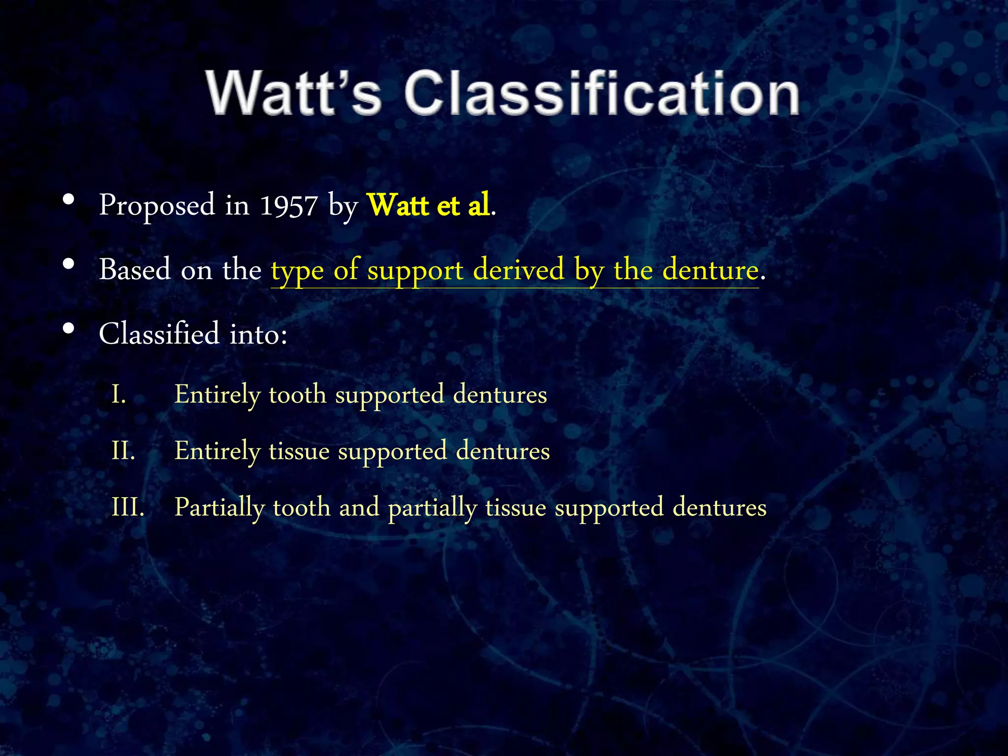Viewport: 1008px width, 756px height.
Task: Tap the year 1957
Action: (x=288, y=206)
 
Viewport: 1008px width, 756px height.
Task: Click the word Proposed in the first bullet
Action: (x=157, y=206)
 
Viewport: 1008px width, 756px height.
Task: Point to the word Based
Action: (x=135, y=270)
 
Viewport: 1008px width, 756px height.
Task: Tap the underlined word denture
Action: (x=710, y=270)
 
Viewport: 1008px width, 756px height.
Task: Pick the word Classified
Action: (x=159, y=334)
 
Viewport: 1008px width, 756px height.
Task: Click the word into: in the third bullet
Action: (x=258, y=334)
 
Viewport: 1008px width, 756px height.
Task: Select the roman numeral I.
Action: (x=118, y=395)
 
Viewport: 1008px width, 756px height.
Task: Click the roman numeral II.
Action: (x=123, y=451)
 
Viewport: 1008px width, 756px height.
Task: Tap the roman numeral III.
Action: (x=128, y=507)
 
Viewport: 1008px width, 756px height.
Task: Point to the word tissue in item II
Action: (x=299, y=451)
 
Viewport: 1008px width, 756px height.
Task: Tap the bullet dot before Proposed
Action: (x=69, y=200)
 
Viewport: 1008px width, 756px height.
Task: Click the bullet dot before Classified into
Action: (x=69, y=328)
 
